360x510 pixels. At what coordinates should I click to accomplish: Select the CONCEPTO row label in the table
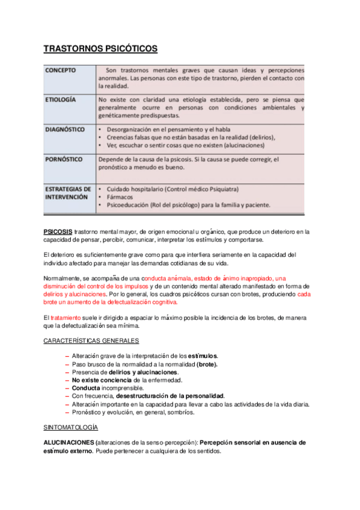60,70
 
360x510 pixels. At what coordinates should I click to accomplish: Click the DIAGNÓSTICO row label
64,129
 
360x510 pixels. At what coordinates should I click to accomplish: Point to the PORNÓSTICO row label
64,159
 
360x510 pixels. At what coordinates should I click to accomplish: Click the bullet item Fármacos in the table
120,197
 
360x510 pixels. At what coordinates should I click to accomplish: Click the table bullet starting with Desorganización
169,129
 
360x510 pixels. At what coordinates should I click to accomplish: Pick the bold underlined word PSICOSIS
58,232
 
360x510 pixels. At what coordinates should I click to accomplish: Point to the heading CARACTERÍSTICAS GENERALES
91,340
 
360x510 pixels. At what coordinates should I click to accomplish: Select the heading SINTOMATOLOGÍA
70,426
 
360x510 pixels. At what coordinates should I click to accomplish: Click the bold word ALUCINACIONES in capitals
69,442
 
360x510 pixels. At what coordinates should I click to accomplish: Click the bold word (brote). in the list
207,364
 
